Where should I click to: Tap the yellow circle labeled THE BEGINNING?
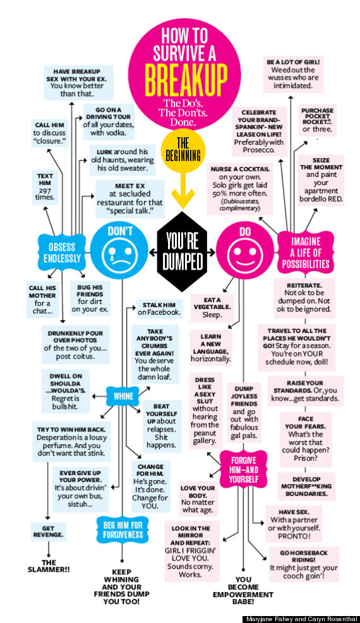[x=183, y=150]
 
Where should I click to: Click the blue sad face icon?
[x=119, y=251]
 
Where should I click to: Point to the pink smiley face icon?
[x=245, y=251]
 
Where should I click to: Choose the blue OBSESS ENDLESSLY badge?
[x=62, y=253]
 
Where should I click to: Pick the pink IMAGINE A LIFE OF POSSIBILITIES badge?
[x=305, y=253]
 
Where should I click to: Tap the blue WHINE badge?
[x=123, y=396]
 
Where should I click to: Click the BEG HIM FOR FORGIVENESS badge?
[x=123, y=529]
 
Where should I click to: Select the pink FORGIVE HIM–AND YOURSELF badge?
[x=244, y=469]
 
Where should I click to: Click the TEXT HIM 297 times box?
[x=45, y=186]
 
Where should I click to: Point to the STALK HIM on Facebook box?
[x=159, y=309]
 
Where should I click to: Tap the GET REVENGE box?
[x=48, y=531]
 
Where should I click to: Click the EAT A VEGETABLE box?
[x=212, y=308]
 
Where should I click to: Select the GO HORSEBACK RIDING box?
[x=303, y=564]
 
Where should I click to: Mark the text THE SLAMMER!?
[x=49, y=566]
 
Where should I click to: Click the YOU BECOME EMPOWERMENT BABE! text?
[x=243, y=590]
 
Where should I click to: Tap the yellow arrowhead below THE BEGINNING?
[x=183, y=199]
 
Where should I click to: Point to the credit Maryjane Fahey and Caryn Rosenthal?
[x=301, y=619]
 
